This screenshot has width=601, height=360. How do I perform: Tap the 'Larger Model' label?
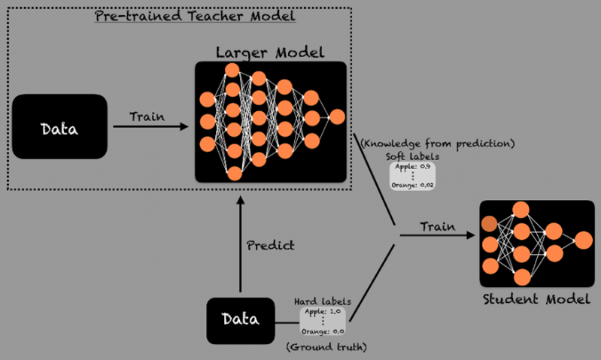pyautogui.click(x=269, y=53)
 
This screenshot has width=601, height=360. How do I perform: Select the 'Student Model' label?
pyautogui.click(x=535, y=301)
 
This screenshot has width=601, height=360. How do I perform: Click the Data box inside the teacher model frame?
pyautogui.click(x=59, y=126)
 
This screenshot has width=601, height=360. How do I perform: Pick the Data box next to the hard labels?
pyautogui.click(x=241, y=319)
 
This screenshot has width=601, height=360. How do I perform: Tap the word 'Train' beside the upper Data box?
pyautogui.click(x=147, y=116)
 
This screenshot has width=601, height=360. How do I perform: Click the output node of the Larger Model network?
pyautogui.click(x=336, y=117)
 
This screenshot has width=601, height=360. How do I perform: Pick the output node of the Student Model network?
pyautogui.click(x=582, y=240)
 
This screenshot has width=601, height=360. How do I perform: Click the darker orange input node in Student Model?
pyautogui.click(x=489, y=223)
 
